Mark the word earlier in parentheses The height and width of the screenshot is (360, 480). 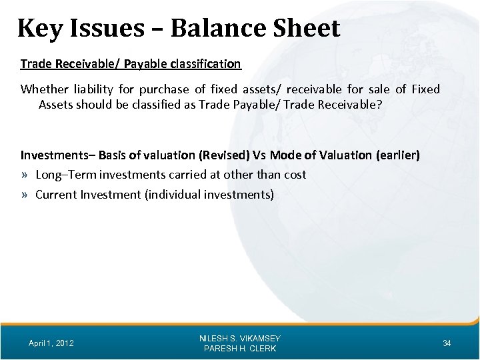pos(398,155)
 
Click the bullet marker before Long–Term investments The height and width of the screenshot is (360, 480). pos(25,175)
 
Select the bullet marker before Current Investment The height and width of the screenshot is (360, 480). pos(25,195)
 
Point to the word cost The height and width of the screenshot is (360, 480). pos(295,175)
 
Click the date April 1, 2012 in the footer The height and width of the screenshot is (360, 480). pos(51,343)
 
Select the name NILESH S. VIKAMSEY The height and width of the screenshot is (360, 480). pos(239,338)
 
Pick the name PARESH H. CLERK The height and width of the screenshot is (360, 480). pos(239,349)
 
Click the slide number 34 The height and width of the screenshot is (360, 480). pos(447,343)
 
